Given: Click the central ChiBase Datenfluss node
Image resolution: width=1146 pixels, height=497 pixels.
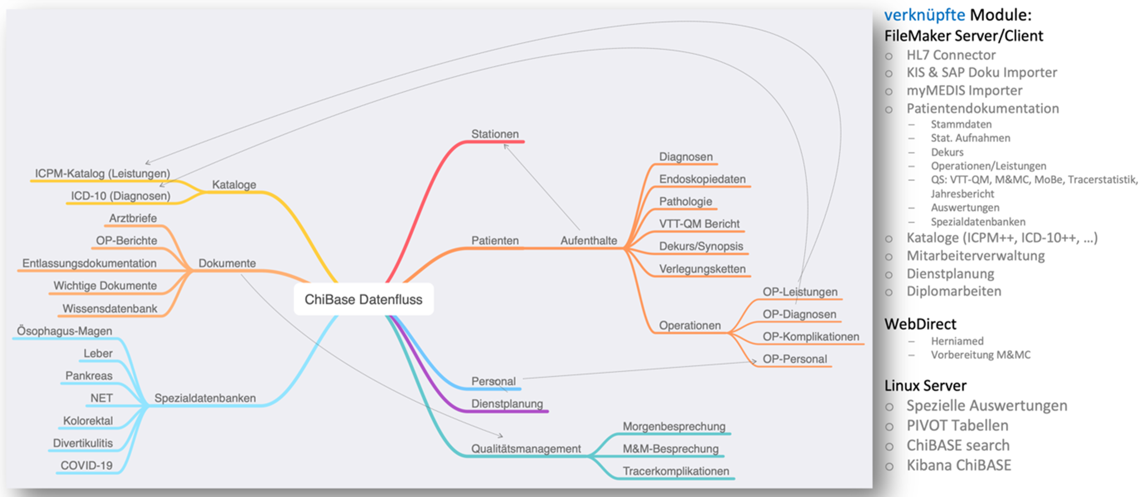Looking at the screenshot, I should pos(363,300).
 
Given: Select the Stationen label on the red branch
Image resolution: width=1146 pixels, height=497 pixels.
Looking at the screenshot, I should pos(495,134).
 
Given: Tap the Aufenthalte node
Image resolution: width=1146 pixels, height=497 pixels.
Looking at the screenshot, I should pos(588,240).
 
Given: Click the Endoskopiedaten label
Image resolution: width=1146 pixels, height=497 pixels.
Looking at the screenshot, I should pos(702,179).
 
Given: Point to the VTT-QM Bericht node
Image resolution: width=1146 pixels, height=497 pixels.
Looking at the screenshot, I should pos(699,224).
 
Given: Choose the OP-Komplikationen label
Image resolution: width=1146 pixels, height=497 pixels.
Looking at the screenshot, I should pos(810,336).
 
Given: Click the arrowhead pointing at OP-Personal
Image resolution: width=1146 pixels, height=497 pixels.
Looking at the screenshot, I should pos(754,361).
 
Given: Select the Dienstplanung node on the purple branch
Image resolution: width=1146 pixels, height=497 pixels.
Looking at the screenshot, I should pos(507,403).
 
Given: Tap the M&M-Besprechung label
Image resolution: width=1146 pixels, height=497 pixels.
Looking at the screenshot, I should pos(670,448).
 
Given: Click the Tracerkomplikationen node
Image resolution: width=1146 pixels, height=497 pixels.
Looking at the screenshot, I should pos(675,471).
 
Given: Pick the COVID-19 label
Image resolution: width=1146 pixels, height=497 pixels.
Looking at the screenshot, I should pos(86,465).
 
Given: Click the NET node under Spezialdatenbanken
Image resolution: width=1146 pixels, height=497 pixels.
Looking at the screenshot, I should pos(101,398).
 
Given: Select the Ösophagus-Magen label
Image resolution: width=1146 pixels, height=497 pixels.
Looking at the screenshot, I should pos(64,331).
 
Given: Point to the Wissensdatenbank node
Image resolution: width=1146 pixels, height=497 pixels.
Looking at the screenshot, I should pos(110,308).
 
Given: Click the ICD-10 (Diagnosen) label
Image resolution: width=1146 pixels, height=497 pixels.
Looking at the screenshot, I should pos(120,196).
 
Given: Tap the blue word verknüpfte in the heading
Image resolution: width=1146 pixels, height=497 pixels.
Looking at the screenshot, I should pos(924,15).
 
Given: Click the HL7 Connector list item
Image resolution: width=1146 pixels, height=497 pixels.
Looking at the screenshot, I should pos(951,55).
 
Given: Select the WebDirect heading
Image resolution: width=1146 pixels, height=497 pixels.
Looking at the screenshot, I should pos(920,324).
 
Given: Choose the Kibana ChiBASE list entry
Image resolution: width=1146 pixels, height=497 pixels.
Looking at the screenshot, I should pos(959,465).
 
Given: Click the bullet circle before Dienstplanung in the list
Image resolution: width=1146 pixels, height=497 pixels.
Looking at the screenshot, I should pos(889,274).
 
